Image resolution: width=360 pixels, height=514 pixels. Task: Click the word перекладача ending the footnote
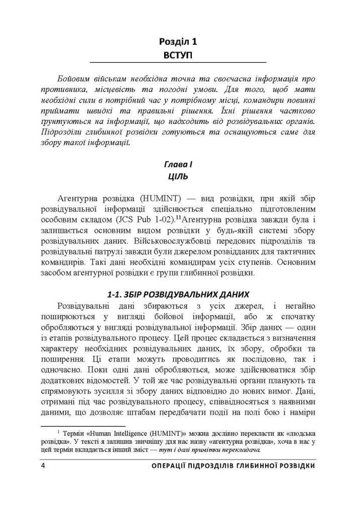click(x=240, y=450)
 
